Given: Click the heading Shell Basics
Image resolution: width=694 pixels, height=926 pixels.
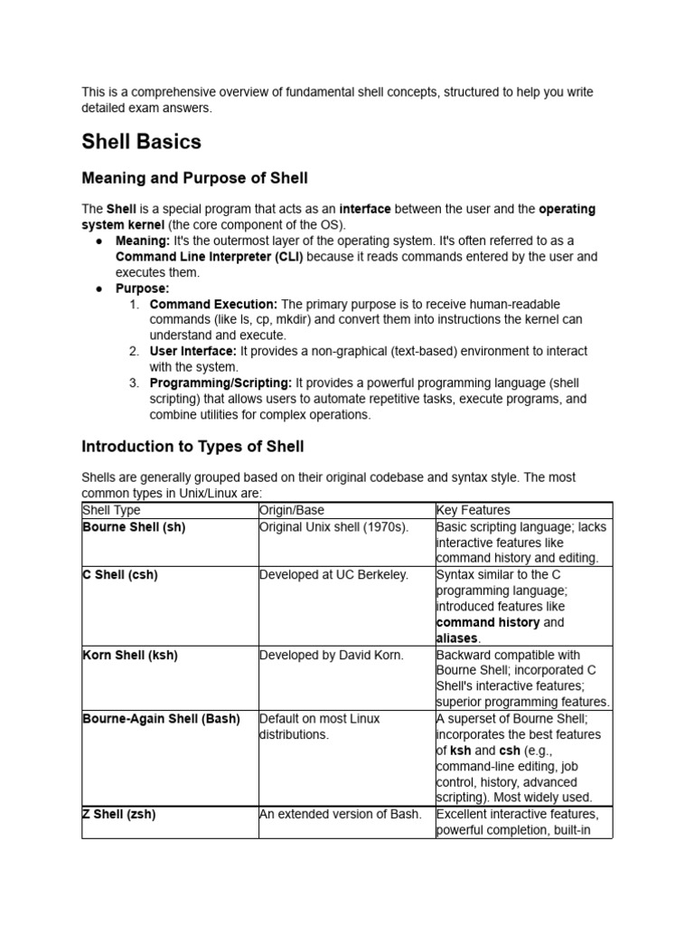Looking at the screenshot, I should [x=141, y=142].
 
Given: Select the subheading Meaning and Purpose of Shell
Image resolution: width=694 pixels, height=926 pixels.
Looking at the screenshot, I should [x=194, y=177].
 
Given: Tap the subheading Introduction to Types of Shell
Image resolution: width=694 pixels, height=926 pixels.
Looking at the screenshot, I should [x=192, y=446].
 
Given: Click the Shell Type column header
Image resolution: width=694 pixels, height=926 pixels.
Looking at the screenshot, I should [x=111, y=510].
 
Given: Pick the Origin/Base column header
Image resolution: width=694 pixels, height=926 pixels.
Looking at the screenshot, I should [x=291, y=510].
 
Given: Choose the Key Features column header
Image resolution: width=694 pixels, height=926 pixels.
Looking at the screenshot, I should [x=473, y=510].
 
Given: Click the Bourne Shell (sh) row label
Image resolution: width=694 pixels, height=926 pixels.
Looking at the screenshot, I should [x=134, y=526].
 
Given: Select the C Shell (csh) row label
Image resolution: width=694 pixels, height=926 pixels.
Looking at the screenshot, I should [x=120, y=574].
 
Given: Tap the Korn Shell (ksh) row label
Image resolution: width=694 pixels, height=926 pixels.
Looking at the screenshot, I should [x=130, y=655].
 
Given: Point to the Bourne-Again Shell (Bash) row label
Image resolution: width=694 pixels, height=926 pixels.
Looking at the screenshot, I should [x=161, y=718].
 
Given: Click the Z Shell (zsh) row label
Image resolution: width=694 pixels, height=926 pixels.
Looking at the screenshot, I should [x=119, y=814].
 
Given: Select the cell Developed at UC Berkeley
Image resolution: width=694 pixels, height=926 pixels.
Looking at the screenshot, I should [x=333, y=574].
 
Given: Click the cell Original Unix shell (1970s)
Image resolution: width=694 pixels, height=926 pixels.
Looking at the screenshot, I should [x=333, y=526].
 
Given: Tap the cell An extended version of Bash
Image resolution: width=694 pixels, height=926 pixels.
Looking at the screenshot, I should [x=340, y=814].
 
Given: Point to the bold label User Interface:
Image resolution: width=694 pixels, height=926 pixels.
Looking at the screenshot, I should [x=193, y=351].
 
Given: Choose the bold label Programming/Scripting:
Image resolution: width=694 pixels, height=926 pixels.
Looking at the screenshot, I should [x=220, y=383].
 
